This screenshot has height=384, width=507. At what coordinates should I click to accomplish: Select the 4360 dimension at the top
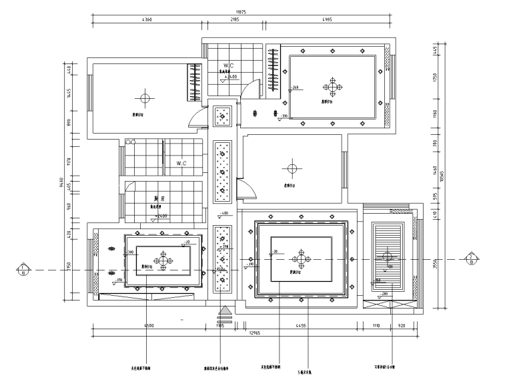[x=147, y=21]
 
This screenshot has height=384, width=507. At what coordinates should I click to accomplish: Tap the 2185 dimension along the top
[x=234, y=21]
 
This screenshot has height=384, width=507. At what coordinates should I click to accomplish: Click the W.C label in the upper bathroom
[x=228, y=65]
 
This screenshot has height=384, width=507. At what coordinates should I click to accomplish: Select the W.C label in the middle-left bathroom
[x=181, y=163]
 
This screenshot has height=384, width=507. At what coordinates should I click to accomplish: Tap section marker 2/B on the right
[x=472, y=258]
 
